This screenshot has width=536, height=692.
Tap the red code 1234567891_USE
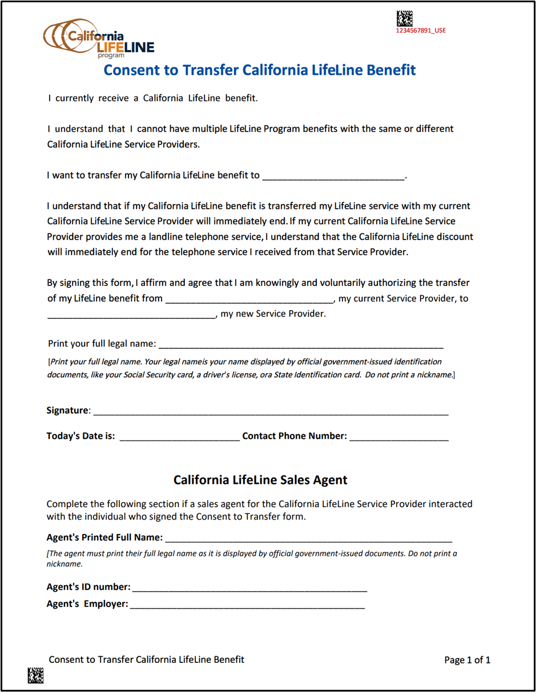click(421, 31)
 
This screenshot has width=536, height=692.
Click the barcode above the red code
click(405, 19)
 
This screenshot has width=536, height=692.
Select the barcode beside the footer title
click(35, 675)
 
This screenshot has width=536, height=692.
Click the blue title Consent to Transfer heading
click(260, 70)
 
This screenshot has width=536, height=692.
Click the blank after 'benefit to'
click(333, 176)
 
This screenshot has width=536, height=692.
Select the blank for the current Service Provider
click(249, 298)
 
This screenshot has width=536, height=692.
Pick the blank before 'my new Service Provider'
click(131, 314)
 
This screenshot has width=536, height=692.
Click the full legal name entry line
click(301, 344)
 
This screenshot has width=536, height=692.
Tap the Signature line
click(271, 411)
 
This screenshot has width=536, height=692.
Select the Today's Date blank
click(179, 436)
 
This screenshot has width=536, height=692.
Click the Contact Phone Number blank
click(399, 436)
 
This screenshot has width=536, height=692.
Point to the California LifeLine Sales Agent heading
click(260, 480)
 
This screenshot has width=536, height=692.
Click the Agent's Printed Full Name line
click(308, 538)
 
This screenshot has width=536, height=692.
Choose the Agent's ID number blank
click(249, 587)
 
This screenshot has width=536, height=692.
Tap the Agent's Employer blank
click(247, 604)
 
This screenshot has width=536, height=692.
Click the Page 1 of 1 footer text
click(467, 660)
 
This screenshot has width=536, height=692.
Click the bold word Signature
click(67, 411)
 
